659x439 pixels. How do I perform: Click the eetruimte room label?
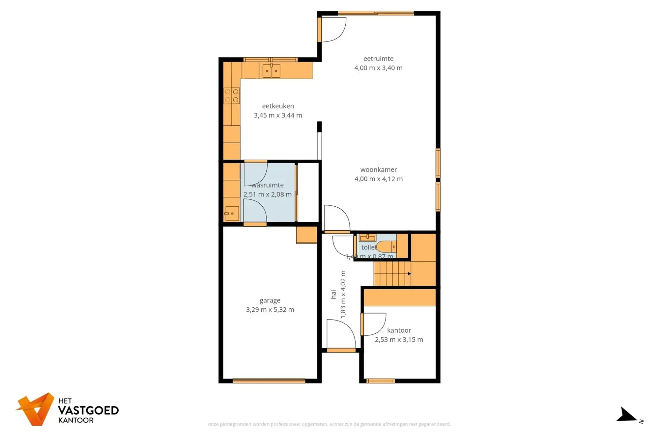pos(378,59)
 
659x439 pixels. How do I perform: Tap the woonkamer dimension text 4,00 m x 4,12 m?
pos(378,179)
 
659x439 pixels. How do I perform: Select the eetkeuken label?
pos(278,106)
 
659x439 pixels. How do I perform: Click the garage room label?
pos(270,300)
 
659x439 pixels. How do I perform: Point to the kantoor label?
pos(399,330)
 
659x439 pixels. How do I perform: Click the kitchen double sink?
pos(271,71)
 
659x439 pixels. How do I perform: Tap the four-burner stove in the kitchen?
pos(232,96)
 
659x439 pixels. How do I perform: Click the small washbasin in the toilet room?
pos(367,238)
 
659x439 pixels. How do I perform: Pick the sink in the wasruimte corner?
pos(232,213)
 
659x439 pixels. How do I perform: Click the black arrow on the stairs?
pos(409,274)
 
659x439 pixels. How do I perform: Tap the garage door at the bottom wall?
pos(269,381)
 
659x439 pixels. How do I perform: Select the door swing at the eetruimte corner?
pos(333,30)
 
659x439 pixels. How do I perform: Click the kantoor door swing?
pos(374,324)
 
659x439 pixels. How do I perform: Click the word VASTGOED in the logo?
pos(88,410)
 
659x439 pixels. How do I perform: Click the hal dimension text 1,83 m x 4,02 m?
pos(343,294)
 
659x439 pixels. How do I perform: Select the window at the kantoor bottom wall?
pos(380,381)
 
